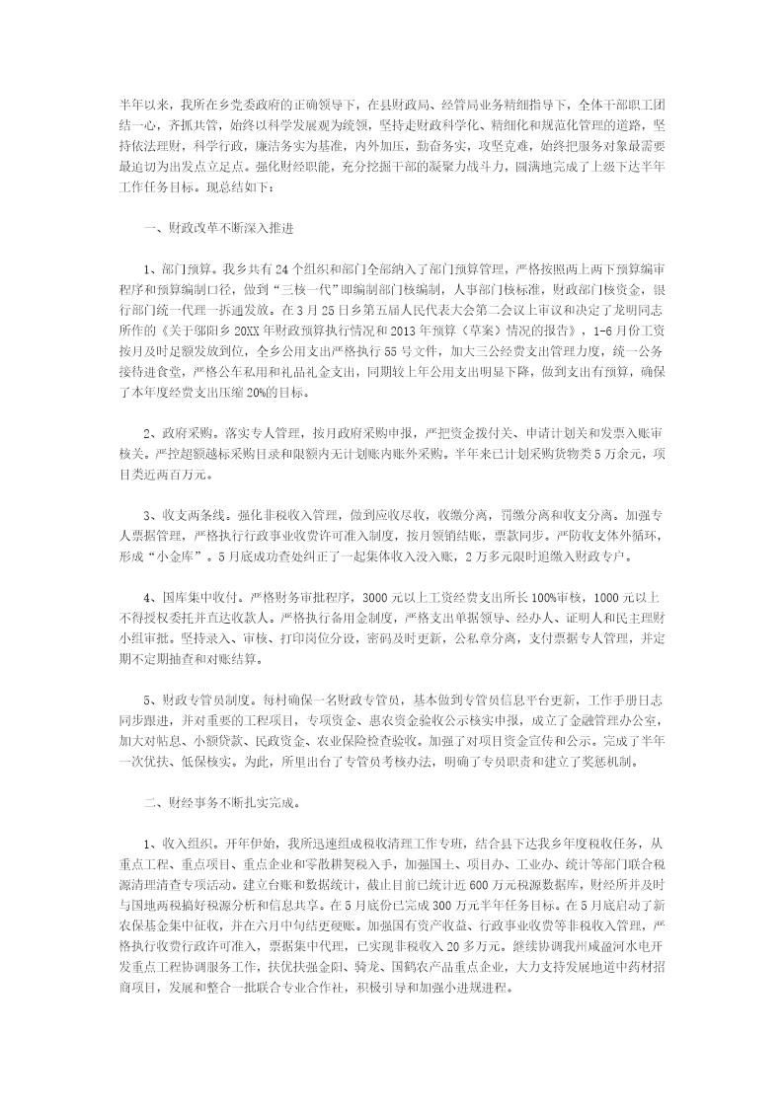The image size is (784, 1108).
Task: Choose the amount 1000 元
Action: (610, 598)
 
